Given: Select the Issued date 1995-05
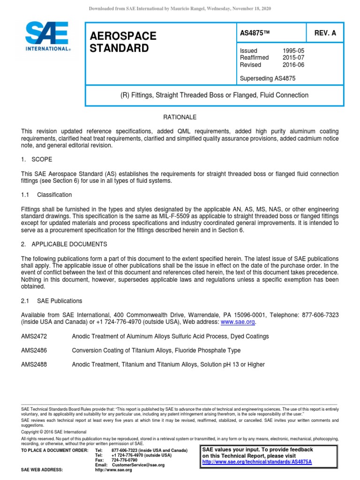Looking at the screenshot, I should [x=292, y=51].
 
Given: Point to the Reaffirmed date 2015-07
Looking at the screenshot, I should [x=292, y=58].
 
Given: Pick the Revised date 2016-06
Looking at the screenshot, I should [x=292, y=65].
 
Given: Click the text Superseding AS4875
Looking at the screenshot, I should [x=267, y=78].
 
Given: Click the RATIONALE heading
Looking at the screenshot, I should [x=180, y=117].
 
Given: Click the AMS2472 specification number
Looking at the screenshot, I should [x=34, y=337].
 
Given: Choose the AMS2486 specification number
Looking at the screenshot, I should [x=34, y=350].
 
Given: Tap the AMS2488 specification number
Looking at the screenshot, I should [x=34, y=364].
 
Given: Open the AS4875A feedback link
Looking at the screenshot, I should [x=257, y=462].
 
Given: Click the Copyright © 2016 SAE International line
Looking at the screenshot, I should [x=54, y=432].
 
